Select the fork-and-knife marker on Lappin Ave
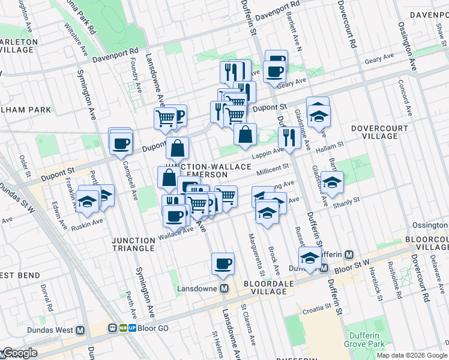point(289,138)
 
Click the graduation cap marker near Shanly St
point(331,184)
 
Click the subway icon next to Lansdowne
point(224,289)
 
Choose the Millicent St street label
point(273,172)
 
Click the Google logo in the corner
point(19,353)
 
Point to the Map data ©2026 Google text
point(412,355)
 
